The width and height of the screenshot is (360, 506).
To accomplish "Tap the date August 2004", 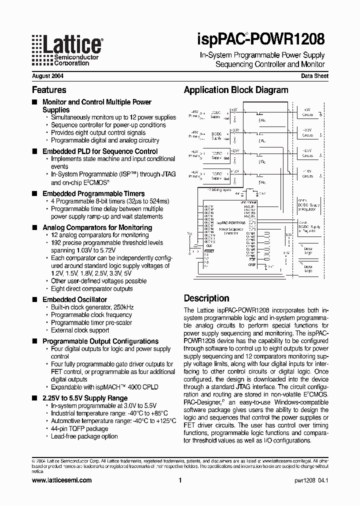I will pyautogui.click(x=47, y=76).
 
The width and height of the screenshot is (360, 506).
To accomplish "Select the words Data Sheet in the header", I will pyautogui.click(x=314, y=76).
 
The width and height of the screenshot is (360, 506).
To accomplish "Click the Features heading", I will pyautogui.click(x=49, y=90).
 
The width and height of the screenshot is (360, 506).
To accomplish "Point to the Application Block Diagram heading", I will pyautogui.click(x=236, y=90).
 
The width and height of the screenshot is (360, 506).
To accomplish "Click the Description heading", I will pyautogui.click(x=206, y=298).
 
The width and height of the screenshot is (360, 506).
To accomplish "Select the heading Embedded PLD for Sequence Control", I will pyautogui.click(x=100, y=151).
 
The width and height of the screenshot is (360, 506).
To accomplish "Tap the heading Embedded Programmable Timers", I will pyautogui.click(x=93, y=193).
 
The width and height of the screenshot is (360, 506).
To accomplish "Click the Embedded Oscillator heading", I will pyautogui.click(x=74, y=299).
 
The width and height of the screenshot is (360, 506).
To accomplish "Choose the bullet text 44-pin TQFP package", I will pyautogui.click(x=79, y=428).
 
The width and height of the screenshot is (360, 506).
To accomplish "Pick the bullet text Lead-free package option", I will pyautogui.click(x=84, y=436).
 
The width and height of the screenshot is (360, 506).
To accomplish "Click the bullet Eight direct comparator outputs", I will pyautogui.click(x=92, y=288).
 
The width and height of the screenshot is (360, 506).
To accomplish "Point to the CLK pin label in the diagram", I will pyautogui.click(x=208, y=246).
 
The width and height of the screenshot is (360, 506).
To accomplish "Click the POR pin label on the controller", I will pyautogui.click(x=252, y=260).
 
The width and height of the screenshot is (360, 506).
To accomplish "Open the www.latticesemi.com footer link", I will pyautogui.click(x=61, y=480).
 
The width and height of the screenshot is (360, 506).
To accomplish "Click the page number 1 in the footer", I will pyautogui.click(x=179, y=480).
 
